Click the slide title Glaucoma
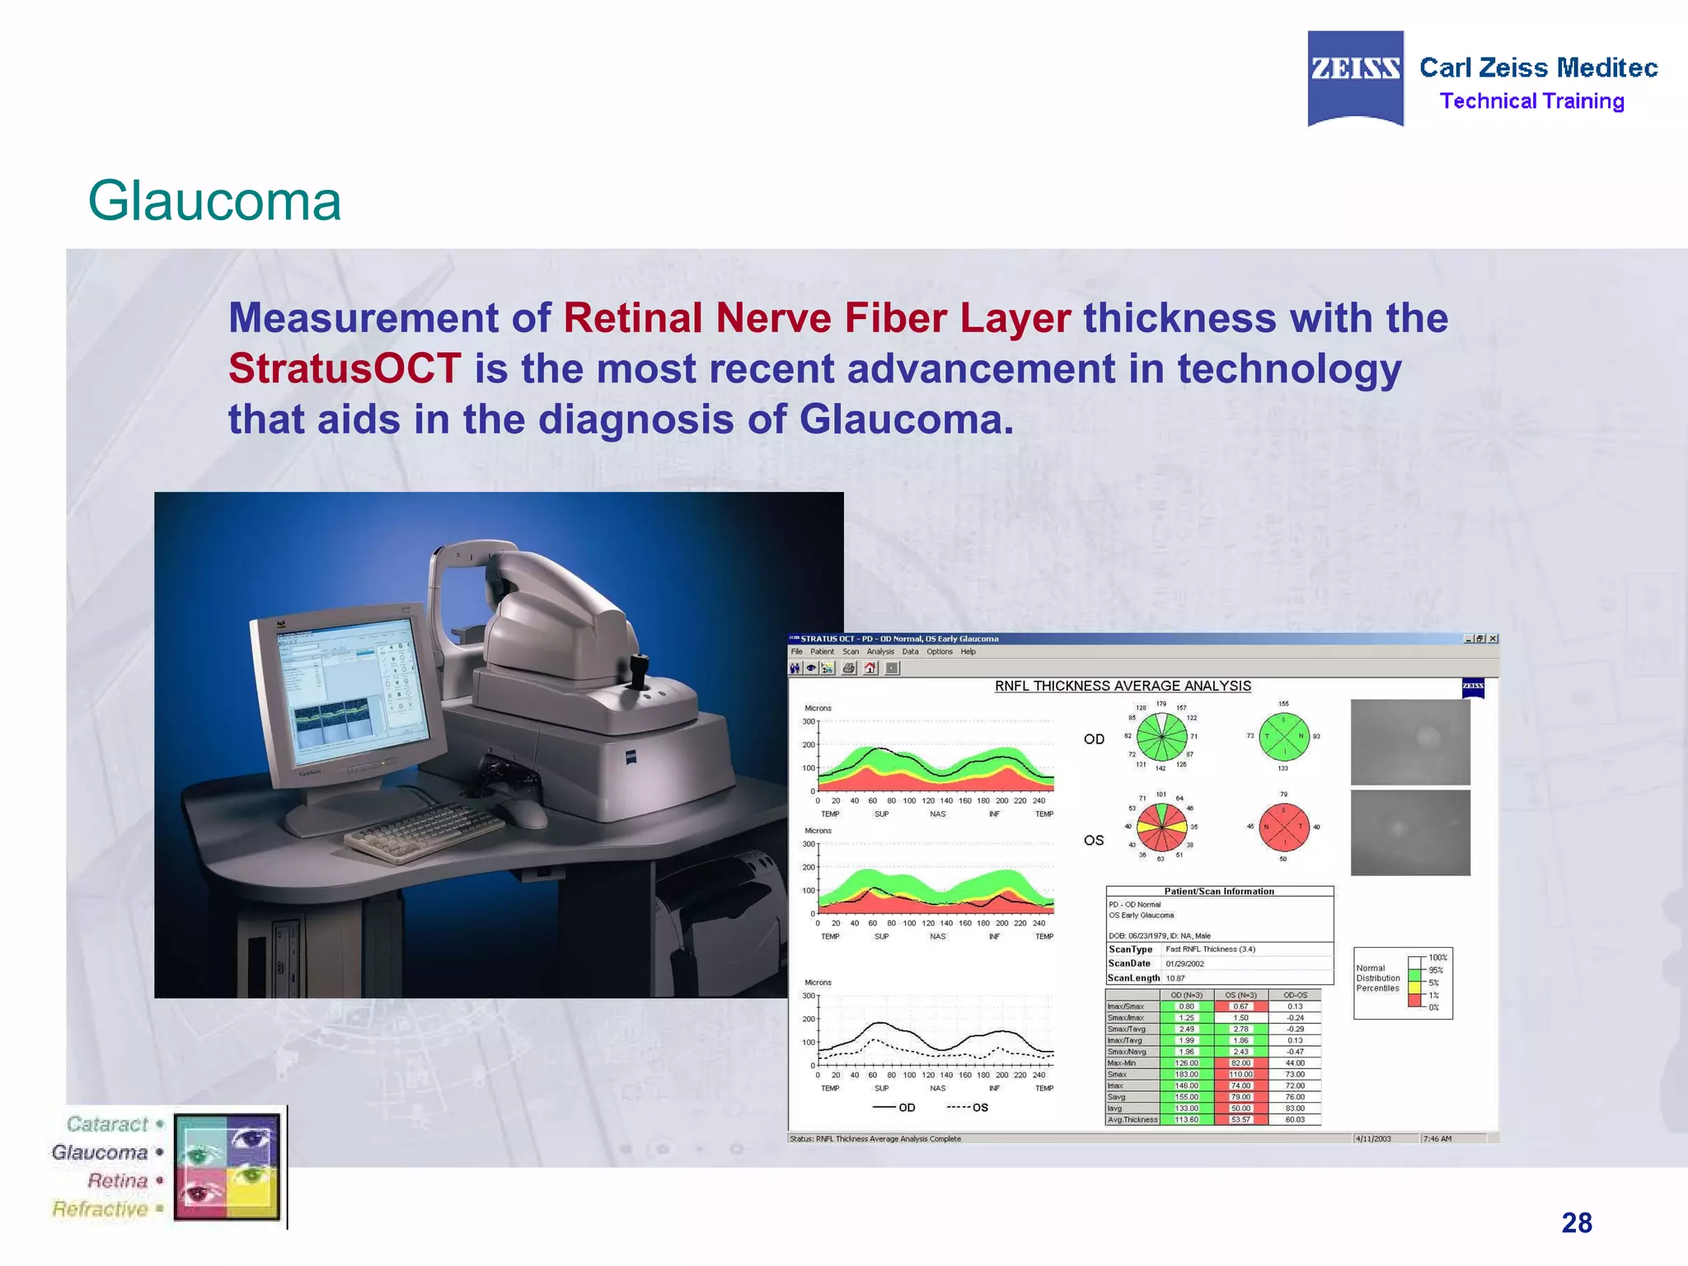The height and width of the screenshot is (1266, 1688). [214, 200]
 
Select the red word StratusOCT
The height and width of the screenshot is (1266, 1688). [344, 368]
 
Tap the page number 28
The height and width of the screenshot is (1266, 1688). [1576, 1222]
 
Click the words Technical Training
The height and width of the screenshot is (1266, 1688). [1531, 101]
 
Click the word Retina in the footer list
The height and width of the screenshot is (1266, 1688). [117, 1180]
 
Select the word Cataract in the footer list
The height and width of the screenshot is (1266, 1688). [107, 1124]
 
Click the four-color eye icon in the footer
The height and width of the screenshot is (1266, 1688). [227, 1165]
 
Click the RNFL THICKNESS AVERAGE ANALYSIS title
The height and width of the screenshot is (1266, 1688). [1122, 686]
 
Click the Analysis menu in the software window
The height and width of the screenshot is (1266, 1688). [879, 651]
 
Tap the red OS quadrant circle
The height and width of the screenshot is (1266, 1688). [1283, 827]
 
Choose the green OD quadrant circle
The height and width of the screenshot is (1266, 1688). [1283, 736]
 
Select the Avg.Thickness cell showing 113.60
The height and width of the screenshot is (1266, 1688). [1186, 1119]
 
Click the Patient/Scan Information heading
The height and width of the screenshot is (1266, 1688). [1218, 891]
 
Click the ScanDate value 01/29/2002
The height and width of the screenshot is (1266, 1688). [1184, 964]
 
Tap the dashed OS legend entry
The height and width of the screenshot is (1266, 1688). [968, 1107]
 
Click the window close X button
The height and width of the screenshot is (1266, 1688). [1493, 639]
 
